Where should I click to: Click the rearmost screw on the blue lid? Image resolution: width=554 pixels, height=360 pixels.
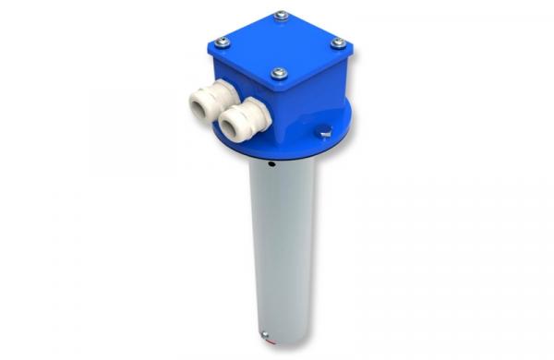(x=281, y=15)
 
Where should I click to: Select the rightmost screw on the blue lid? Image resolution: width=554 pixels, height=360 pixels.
(x=338, y=42)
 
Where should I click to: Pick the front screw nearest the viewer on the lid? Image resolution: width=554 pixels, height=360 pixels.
(x=280, y=73)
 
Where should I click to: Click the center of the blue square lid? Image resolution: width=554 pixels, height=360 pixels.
(x=280, y=42)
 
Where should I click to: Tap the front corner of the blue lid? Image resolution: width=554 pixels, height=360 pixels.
(x=277, y=86)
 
